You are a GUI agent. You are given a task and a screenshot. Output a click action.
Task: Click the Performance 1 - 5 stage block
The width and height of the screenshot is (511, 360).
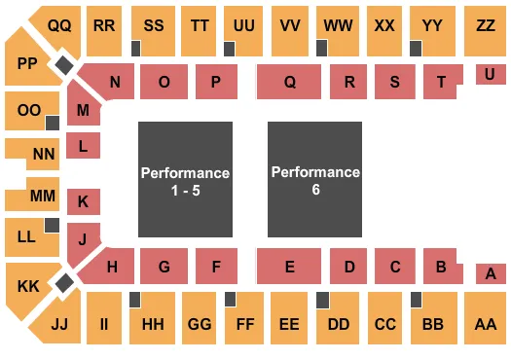point(185,180)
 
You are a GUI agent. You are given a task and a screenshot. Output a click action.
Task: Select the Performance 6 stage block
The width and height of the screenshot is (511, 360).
point(315,180)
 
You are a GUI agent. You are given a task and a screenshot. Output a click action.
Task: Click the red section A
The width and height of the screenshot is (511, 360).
point(490,273)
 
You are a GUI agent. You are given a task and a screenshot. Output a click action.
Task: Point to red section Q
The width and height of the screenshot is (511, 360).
point(289,83)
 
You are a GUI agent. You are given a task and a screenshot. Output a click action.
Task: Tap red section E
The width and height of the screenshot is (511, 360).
point(289,266)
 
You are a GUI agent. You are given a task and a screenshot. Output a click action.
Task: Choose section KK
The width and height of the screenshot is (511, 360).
point(27,285)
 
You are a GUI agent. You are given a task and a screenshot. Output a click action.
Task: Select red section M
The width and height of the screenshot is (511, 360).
point(83,110)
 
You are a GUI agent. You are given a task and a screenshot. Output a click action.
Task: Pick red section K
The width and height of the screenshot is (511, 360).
point(84,201)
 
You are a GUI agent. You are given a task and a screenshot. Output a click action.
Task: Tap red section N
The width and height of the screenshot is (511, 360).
point(115,83)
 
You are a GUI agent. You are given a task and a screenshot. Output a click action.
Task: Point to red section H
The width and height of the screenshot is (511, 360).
point(114,265)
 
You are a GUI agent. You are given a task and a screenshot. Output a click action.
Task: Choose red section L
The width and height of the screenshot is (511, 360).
point(84,147)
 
